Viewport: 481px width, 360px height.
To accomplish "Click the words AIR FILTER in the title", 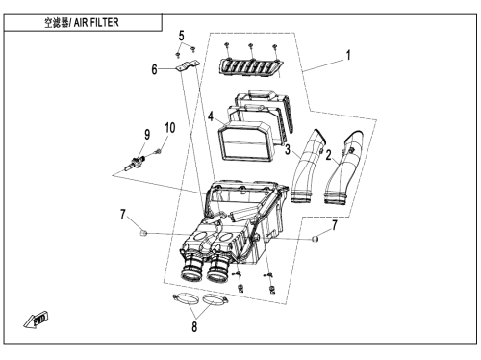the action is click(x=96, y=23).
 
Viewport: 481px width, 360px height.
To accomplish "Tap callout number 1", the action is click(x=348, y=55).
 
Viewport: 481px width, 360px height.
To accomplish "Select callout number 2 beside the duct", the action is click(x=328, y=155).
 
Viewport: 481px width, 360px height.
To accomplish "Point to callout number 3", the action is click(x=288, y=149).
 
